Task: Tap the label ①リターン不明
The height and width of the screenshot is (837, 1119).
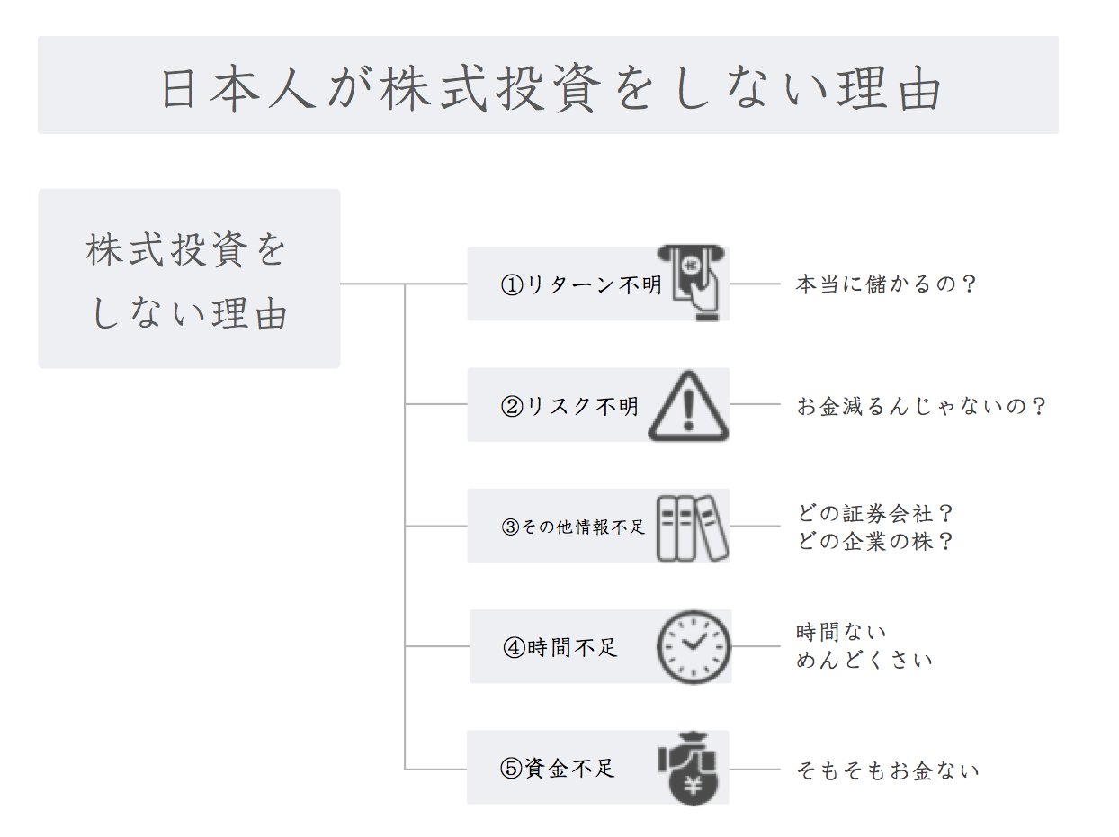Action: click(580, 285)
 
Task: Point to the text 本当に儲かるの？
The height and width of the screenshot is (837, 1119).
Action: click(887, 284)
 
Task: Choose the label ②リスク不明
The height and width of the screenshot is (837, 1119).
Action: click(568, 406)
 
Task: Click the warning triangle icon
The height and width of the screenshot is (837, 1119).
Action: click(688, 406)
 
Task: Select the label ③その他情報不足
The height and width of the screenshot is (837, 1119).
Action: click(573, 527)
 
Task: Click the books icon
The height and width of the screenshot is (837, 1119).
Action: click(691, 527)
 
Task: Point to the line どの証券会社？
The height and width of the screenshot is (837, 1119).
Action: click(875, 514)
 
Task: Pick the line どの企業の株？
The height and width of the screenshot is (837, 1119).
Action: click(875, 542)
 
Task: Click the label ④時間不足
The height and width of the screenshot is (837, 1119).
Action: click(560, 647)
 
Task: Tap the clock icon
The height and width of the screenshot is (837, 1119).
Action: click(694, 647)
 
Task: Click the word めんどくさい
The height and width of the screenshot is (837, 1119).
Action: click(864, 660)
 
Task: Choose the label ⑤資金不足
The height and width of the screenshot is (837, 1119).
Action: click(558, 769)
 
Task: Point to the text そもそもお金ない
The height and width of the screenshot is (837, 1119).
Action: click(888, 770)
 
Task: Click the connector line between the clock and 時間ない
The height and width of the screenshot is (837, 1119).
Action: click(756, 646)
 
